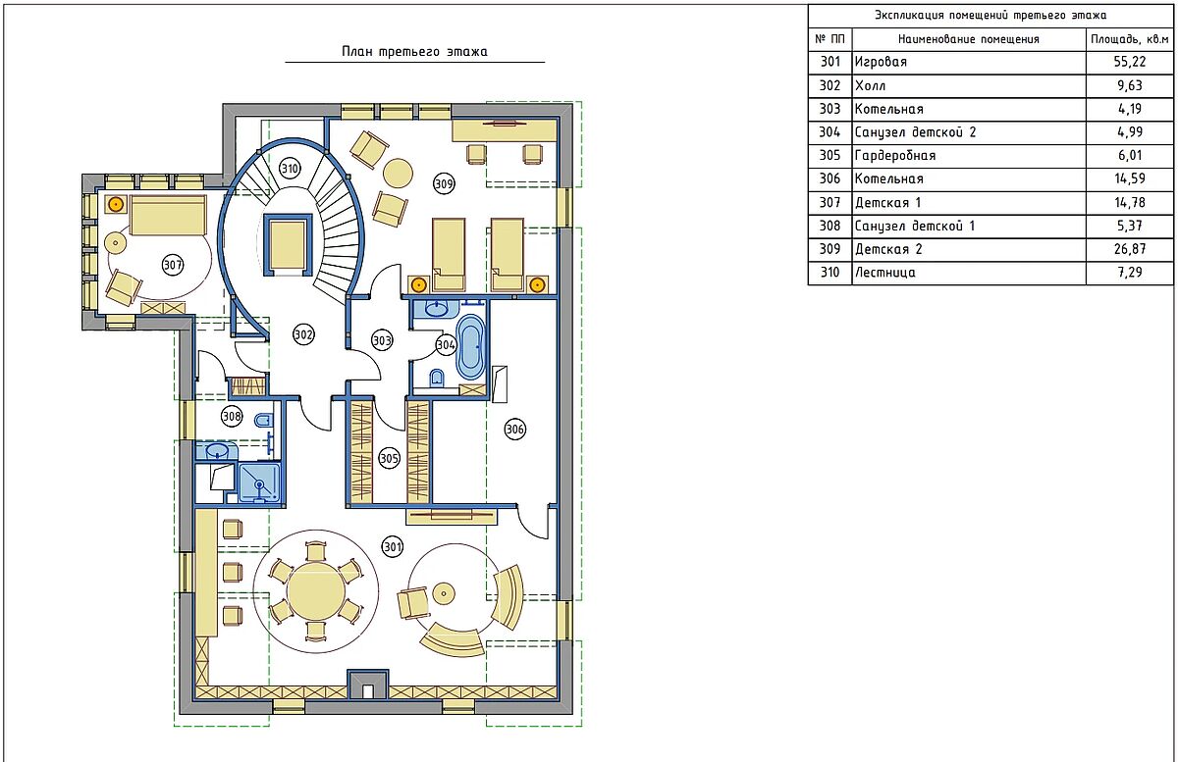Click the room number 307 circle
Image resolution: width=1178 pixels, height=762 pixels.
(173, 265)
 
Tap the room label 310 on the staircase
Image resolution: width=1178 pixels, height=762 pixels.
(290, 169)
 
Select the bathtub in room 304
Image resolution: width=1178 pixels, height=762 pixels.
(470, 347)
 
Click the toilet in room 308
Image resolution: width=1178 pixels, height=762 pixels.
(263, 420)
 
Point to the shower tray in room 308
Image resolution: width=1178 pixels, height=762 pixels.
(260, 483)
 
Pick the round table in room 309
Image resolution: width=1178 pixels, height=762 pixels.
(398, 173)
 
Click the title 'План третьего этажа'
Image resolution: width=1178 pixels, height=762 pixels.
(414, 52)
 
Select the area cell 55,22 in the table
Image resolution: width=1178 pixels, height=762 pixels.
(1130, 62)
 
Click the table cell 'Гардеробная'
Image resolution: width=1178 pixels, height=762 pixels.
(895, 156)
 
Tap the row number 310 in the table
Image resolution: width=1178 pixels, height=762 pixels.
(830, 273)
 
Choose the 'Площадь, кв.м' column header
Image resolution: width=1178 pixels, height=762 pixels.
(1129, 39)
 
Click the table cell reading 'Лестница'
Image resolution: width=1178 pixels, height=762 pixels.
(885, 273)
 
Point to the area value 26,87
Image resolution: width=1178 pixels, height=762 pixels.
(1130, 248)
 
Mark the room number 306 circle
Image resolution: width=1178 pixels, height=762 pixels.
(514, 430)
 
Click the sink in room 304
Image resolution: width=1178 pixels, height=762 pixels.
(436, 309)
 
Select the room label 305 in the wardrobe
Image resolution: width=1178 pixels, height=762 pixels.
(389, 458)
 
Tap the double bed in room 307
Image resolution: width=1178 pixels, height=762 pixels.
(168, 215)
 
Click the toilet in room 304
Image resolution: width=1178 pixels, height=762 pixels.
(437, 378)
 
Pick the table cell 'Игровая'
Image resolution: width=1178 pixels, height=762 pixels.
(881, 62)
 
